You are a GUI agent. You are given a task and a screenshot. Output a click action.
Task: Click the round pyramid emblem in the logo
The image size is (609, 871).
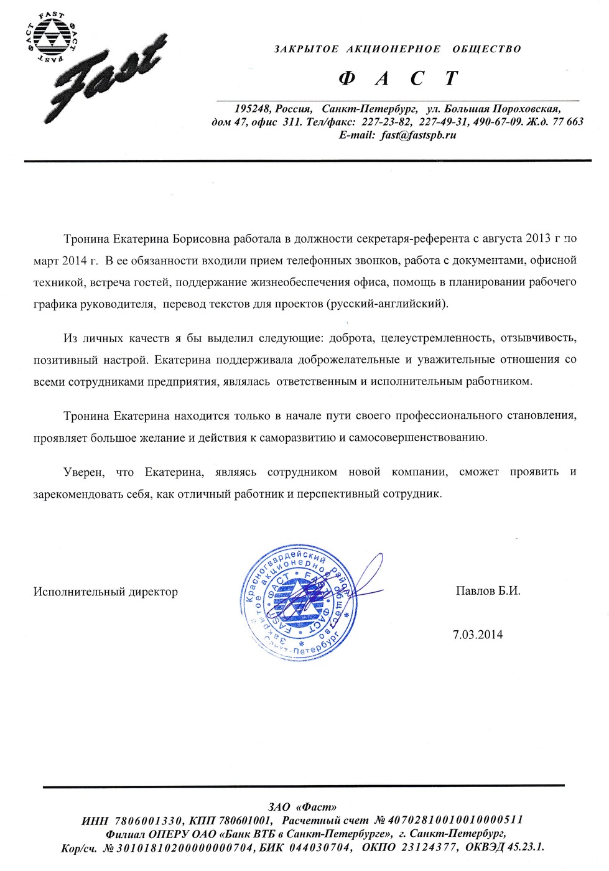click(51, 39)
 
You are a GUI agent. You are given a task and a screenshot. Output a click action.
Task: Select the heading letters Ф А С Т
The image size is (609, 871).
click(398, 78)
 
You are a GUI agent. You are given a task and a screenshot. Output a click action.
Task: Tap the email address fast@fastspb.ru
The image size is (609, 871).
click(419, 134)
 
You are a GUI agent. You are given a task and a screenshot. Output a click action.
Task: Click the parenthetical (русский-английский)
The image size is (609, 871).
click(387, 304)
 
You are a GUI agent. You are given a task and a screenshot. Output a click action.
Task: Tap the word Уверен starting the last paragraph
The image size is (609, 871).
click(84, 472)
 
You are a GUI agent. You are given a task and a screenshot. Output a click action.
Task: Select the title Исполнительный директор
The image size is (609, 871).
click(106, 592)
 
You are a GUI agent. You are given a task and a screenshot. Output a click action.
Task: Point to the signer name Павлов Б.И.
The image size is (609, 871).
click(488, 590)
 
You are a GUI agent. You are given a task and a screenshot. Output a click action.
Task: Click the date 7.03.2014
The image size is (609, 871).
click(477, 635)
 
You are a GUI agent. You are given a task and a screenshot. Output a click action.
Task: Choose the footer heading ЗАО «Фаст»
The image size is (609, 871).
click(302, 807)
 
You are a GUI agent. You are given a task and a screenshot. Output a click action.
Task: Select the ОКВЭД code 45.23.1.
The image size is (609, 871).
click(526, 847)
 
